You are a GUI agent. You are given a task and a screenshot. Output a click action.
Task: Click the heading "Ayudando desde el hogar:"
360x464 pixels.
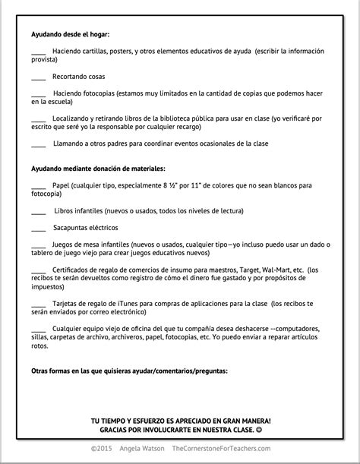[x=71, y=34]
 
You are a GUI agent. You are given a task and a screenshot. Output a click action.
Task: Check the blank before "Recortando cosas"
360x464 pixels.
[x=39, y=77]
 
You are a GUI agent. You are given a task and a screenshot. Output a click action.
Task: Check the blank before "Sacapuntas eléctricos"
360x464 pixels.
[x=39, y=227]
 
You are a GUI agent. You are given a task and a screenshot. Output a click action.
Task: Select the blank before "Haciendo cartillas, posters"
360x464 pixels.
[x=39, y=51]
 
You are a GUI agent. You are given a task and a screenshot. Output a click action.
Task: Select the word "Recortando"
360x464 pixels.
[x=69, y=77]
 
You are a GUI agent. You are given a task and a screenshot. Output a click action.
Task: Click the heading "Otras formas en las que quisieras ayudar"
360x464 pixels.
[x=129, y=371]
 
